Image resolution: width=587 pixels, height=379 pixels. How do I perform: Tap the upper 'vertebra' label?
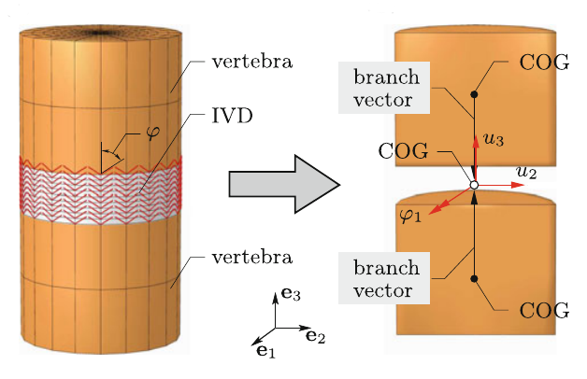click(x=245, y=63)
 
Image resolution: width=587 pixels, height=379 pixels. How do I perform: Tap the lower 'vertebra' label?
click(x=245, y=255)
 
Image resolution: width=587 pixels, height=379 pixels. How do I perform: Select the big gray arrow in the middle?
click(x=281, y=184)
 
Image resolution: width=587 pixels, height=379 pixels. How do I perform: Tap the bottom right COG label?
click(x=544, y=310)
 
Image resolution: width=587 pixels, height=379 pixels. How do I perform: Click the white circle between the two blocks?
click(x=474, y=186)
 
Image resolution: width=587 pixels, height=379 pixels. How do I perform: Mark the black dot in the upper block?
click(x=475, y=94)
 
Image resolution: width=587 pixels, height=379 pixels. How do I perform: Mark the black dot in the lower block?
click(x=475, y=279)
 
